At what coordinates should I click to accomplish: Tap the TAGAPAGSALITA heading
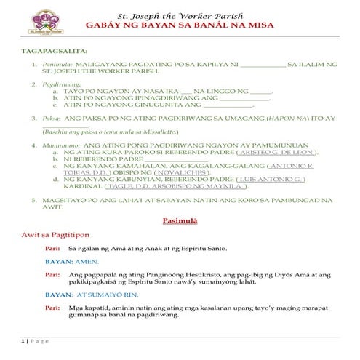pyautogui.click(x=54, y=52)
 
